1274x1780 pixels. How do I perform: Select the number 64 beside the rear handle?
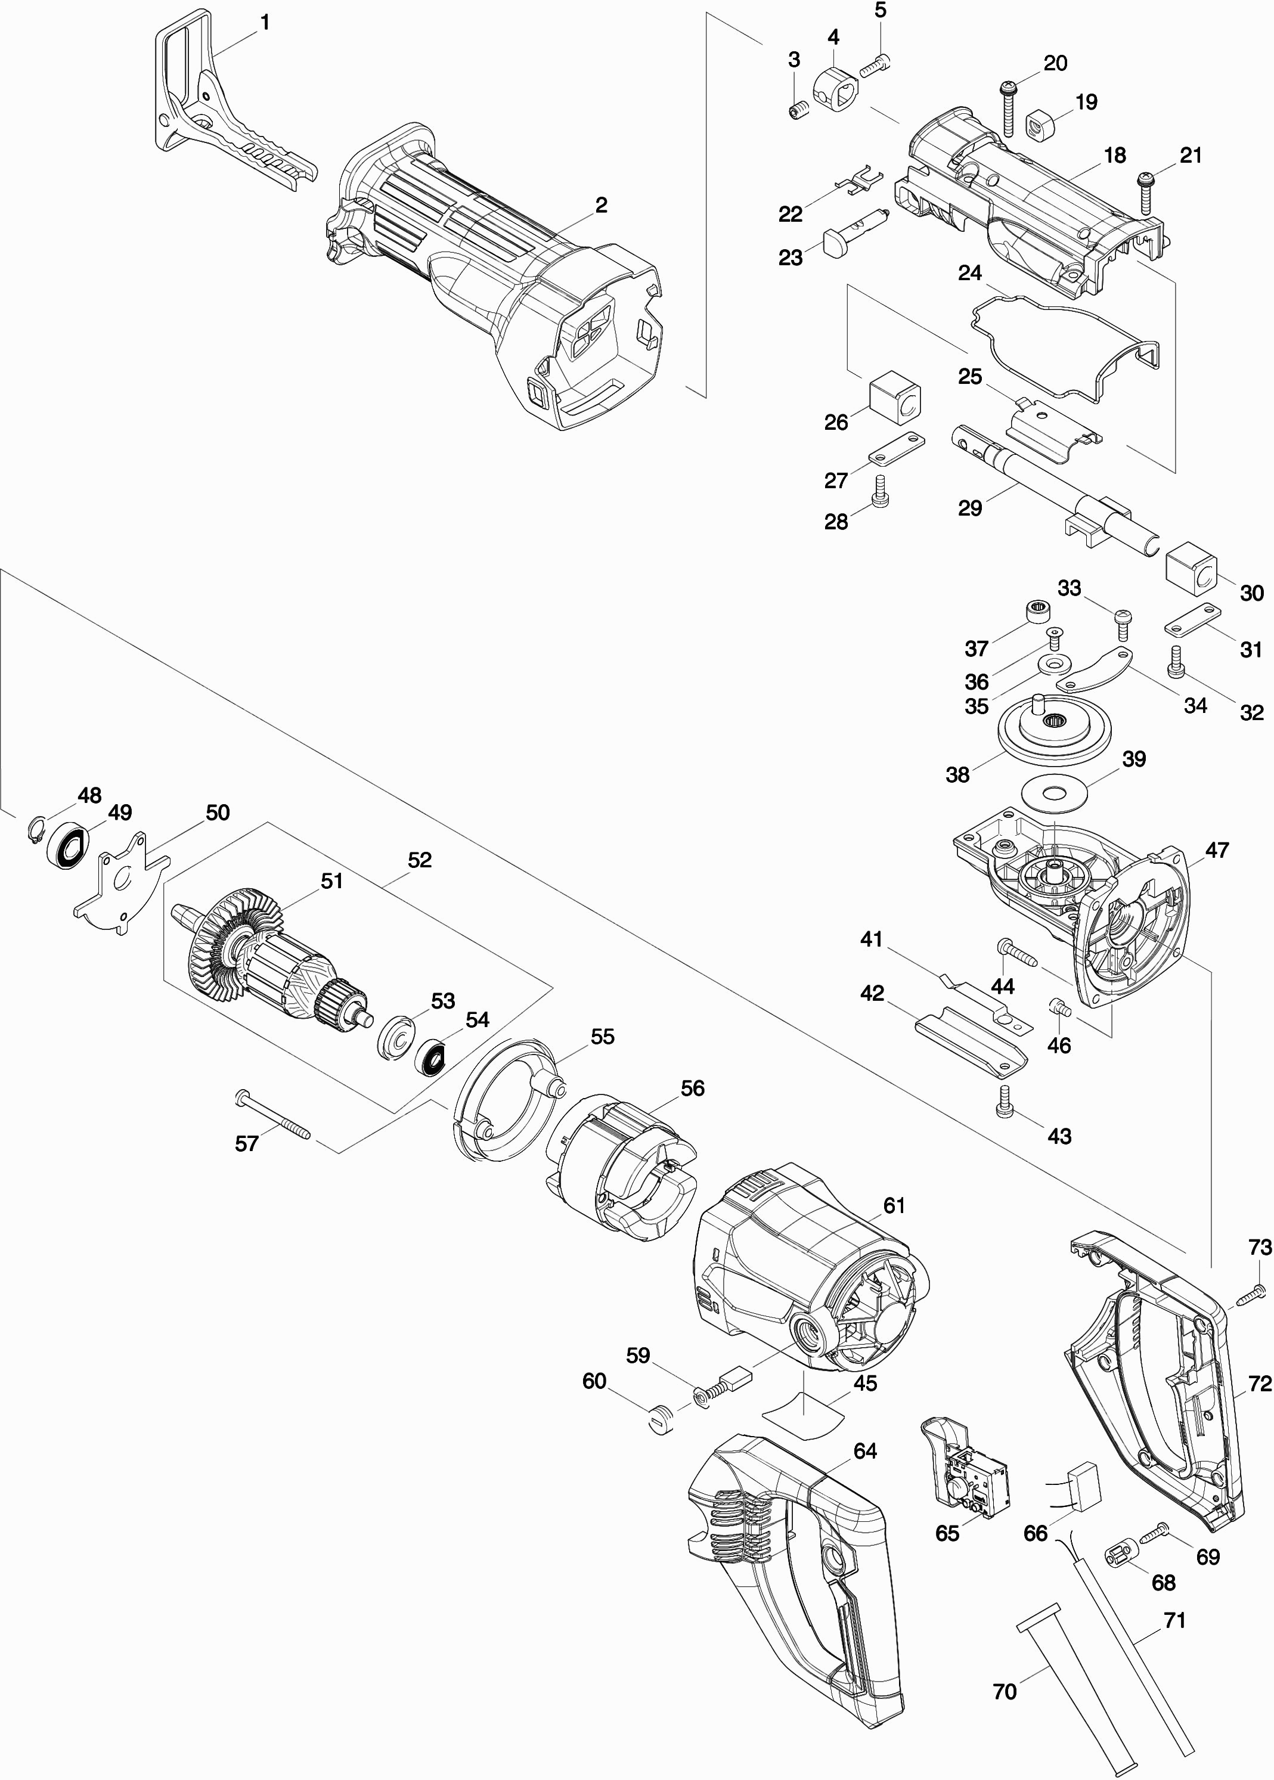865,1452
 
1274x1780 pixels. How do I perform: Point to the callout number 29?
971,508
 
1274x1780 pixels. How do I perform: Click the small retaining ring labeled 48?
34,830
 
